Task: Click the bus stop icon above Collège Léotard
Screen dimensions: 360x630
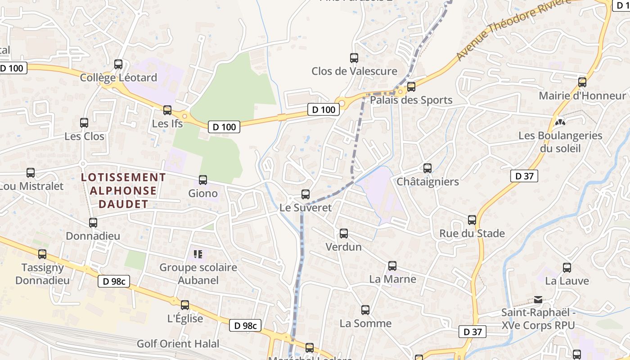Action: click(x=118, y=64)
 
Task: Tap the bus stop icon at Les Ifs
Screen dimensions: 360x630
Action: click(x=167, y=110)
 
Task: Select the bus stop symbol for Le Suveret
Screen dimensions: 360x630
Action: click(x=306, y=194)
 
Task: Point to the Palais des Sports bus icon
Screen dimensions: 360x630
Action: click(x=411, y=87)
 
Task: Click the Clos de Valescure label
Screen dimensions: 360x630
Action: click(x=354, y=71)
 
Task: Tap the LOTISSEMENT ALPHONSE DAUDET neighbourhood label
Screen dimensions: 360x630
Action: click(x=123, y=191)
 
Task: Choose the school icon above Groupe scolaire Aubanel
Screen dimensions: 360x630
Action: click(x=198, y=254)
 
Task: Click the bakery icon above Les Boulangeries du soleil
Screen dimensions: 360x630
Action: click(x=560, y=122)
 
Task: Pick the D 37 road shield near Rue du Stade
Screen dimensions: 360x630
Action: click(x=524, y=176)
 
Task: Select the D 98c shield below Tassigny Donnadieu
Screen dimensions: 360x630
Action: click(x=114, y=282)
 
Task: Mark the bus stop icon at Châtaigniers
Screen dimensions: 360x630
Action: click(x=427, y=168)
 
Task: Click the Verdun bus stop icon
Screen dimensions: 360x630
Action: click(x=344, y=234)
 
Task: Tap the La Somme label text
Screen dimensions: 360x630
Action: click(x=365, y=323)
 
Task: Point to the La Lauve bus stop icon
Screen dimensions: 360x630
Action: click(x=567, y=268)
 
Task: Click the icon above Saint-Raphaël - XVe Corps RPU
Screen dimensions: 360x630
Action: click(x=538, y=299)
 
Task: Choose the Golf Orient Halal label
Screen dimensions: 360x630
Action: click(x=178, y=344)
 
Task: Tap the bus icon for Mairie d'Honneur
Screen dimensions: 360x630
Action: click(x=582, y=82)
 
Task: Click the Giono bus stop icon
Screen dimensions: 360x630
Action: click(x=203, y=180)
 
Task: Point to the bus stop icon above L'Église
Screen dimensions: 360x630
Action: click(x=185, y=305)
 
